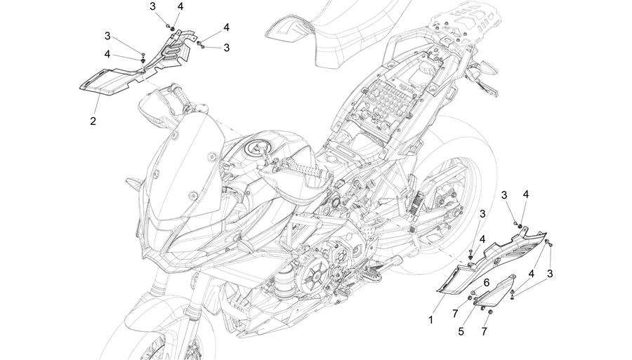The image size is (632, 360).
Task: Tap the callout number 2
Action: point(93,121)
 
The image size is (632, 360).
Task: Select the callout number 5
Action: point(461,331)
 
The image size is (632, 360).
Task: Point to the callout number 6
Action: point(487,283)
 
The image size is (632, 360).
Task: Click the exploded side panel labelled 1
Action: point(492,262)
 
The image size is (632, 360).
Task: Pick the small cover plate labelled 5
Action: point(495,291)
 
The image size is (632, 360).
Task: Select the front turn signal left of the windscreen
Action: point(133,185)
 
